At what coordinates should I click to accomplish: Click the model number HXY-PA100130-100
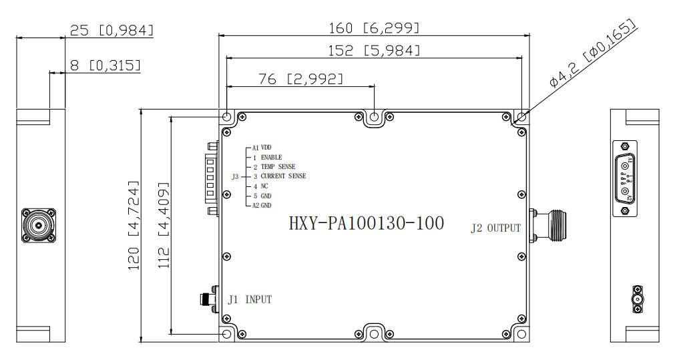pyautogui.click(x=367, y=223)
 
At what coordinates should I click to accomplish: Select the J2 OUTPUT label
pyautogui.click(x=495, y=228)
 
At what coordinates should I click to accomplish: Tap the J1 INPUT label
pyautogui.click(x=250, y=299)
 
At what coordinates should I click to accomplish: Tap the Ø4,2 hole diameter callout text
pyautogui.click(x=593, y=53)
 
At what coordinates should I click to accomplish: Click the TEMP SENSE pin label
pyautogui.click(x=278, y=167)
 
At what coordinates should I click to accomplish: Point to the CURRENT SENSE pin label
pyautogui.click(x=283, y=176)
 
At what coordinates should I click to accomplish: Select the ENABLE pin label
pyautogui.click(x=271, y=157)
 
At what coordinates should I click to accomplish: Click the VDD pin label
pyautogui.click(x=266, y=148)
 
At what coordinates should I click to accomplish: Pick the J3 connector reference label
pyautogui.click(x=235, y=176)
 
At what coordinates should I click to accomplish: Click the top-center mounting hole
pyautogui.click(x=375, y=117)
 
